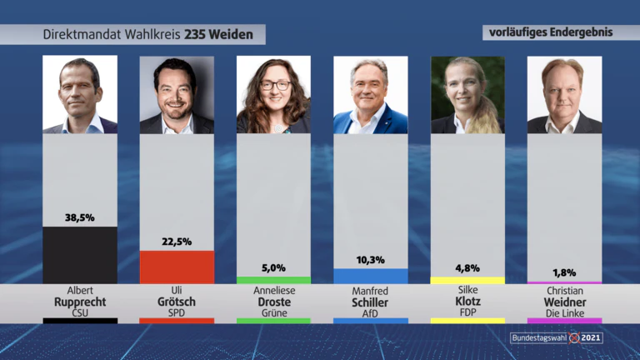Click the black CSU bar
click(x=80, y=255)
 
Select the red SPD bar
click(x=177, y=267)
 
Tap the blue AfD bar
click(x=371, y=276)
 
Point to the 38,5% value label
click(x=80, y=218)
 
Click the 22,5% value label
click(x=177, y=242)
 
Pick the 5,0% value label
click(x=273, y=268)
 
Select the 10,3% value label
click(x=371, y=260)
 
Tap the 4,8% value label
click(x=467, y=268)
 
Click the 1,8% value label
click(x=564, y=272)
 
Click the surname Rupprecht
click(x=80, y=302)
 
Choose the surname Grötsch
click(x=177, y=302)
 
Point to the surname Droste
click(x=274, y=302)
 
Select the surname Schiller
click(x=370, y=302)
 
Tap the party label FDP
click(x=467, y=312)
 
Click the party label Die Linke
click(x=565, y=313)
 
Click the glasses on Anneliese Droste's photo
click(x=276, y=85)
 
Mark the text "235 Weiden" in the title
click(x=219, y=34)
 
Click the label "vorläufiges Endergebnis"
click(x=551, y=32)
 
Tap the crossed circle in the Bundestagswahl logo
click(x=574, y=338)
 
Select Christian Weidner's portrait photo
click(x=564, y=95)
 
